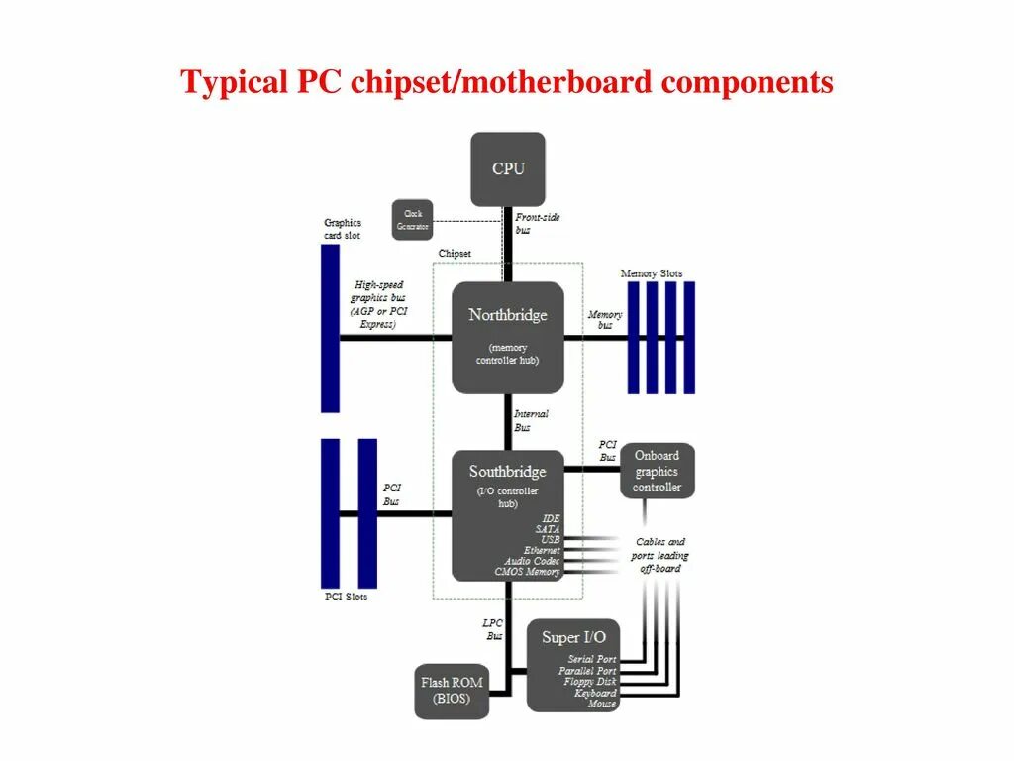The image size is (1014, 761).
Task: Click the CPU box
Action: pos(507,168)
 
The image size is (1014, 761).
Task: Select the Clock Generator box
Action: pos(413,220)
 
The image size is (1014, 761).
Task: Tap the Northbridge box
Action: pos(507,336)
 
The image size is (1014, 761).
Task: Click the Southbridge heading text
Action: pos(507,472)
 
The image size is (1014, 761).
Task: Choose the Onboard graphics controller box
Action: pos(658,472)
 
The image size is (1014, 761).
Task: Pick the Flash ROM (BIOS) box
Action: pos(452,691)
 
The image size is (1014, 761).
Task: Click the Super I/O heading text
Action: pos(573,637)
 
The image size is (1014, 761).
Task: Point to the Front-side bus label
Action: pos(536,223)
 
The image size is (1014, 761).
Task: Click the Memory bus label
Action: pos(605,320)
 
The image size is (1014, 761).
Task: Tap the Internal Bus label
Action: pos(530,420)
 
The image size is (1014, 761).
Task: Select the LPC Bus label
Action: pos(492,629)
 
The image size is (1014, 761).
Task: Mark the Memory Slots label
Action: pos(651,273)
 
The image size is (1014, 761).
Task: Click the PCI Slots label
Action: pos(346,598)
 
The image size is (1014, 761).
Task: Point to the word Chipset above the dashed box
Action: pos(455,254)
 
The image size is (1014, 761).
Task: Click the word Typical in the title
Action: pos(233,83)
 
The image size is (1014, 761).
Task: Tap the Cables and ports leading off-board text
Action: pos(660,555)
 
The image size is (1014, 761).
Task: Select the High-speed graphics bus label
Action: pos(378,304)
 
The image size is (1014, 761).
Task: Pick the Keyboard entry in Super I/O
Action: pos(594,694)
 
